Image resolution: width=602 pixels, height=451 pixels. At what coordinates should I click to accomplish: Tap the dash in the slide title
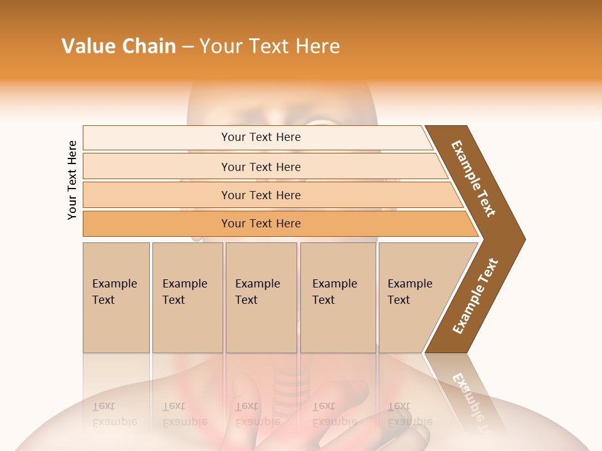point(187,47)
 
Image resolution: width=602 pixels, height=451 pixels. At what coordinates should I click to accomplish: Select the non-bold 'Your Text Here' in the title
point(270,46)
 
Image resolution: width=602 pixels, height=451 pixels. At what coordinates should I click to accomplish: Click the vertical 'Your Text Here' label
point(72,180)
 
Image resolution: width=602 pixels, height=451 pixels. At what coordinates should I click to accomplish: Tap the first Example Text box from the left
point(116,298)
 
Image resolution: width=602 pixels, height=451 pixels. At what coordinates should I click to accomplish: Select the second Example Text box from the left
point(187,298)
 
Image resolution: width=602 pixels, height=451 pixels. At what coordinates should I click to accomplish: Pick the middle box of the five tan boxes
point(261,298)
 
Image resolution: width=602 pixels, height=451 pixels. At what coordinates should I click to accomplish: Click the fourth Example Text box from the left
point(338,298)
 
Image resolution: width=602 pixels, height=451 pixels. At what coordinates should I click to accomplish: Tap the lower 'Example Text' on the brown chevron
point(475,296)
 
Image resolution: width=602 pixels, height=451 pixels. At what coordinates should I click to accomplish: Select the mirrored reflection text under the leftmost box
point(114,414)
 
